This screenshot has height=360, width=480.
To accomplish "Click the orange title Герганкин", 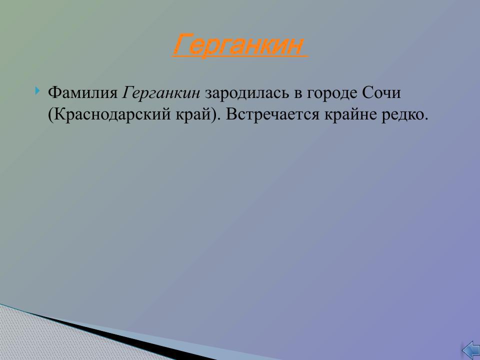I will pos(238,45).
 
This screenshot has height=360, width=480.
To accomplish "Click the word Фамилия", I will pos(82,93).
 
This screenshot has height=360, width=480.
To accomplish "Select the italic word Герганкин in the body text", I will pos(161,93).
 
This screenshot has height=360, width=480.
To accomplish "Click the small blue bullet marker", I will pos(37,91).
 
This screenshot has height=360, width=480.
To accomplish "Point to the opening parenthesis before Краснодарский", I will pos(50,115).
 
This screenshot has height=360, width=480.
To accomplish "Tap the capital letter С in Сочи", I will pos(361,93).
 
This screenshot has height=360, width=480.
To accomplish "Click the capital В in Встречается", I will pos(230,115).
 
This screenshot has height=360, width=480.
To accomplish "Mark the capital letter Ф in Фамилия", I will pos(54,93).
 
